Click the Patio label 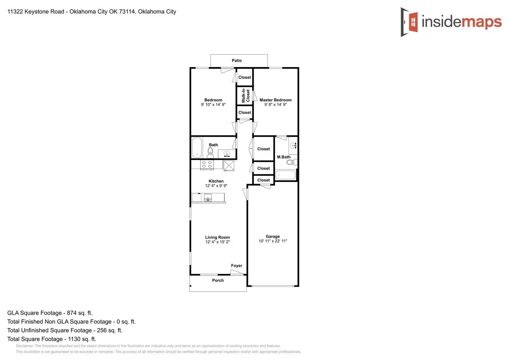[x=237, y=60]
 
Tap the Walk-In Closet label [x=245, y=96]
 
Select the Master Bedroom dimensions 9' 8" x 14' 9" [x=275, y=105]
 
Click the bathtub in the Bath [x=197, y=147]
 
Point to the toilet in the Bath [x=210, y=153]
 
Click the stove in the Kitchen [x=207, y=164]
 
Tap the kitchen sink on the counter [x=208, y=198]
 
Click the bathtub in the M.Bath [x=285, y=175]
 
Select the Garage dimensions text [x=273, y=241]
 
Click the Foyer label [x=237, y=266]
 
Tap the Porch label [x=218, y=280]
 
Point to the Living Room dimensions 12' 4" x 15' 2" [x=217, y=242]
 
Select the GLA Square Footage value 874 [x=72, y=313]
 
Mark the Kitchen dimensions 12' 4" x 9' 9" [x=216, y=186]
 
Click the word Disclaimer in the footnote [x=25, y=346]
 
